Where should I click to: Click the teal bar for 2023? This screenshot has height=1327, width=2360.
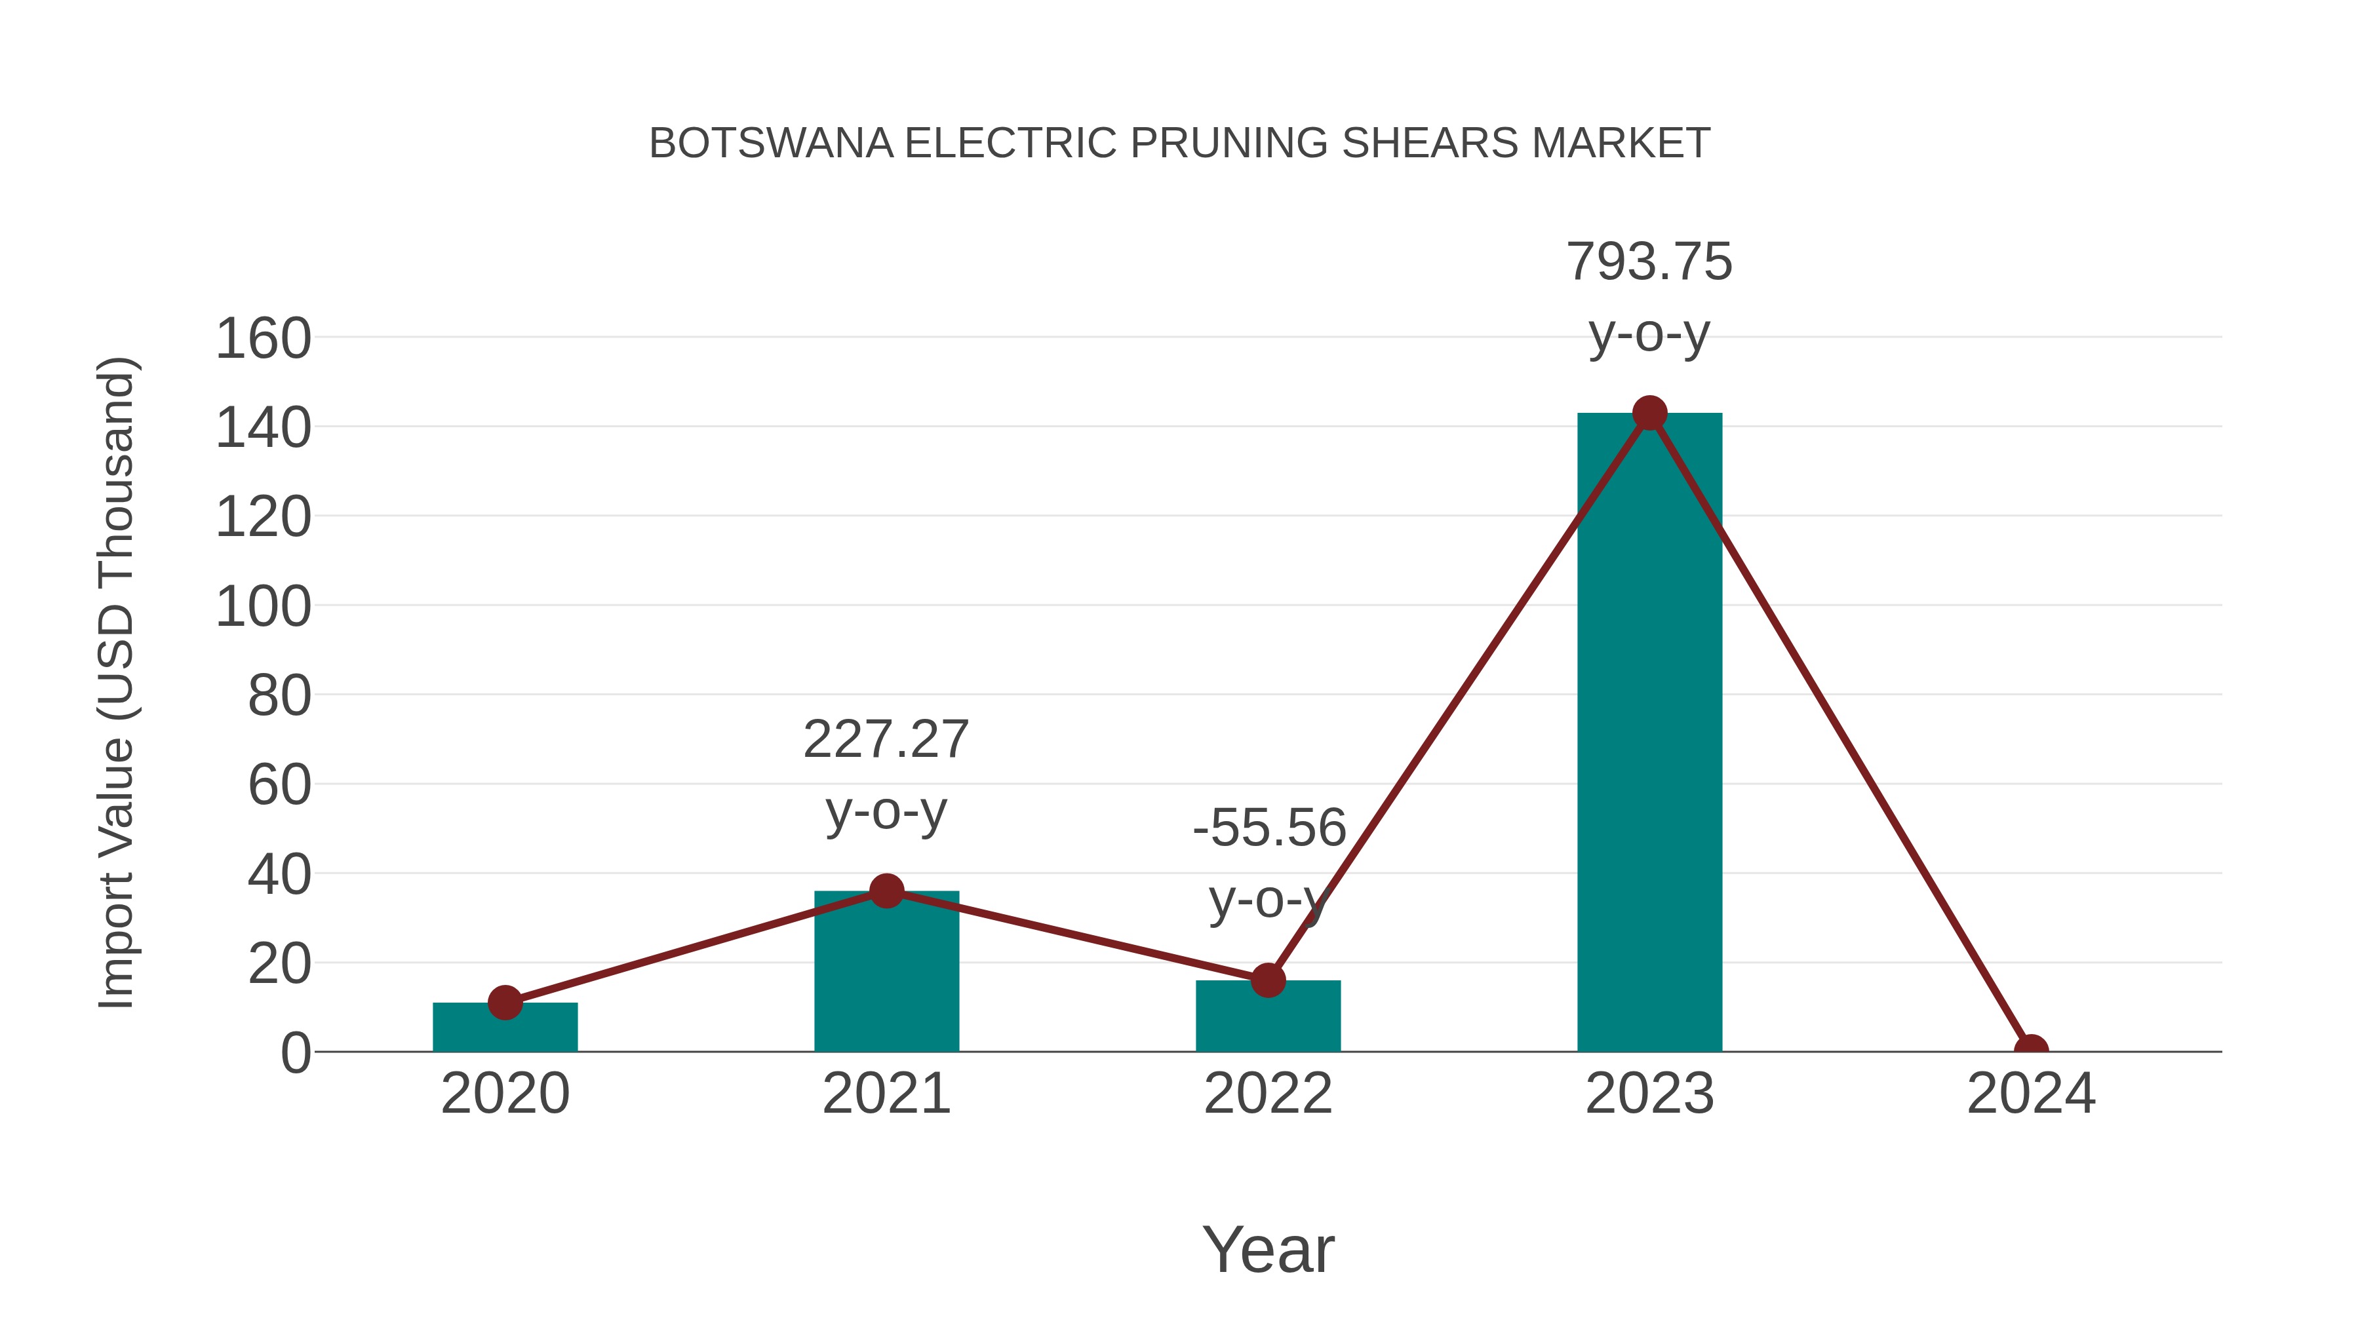1649,733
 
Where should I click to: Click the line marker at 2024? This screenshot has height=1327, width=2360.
2030,1050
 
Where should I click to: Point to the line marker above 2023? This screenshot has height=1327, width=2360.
1649,413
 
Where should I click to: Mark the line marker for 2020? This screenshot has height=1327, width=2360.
505,1003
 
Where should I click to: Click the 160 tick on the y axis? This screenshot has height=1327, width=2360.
263,339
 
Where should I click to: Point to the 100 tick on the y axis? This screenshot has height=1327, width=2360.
263,607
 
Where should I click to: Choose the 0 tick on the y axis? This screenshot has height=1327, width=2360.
295,1053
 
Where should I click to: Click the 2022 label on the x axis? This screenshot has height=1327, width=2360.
1268,1094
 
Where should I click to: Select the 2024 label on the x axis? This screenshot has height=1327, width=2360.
2030,1094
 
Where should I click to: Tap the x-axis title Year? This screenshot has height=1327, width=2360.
1268,1250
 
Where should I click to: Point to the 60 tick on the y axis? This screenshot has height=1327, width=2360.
279,786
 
